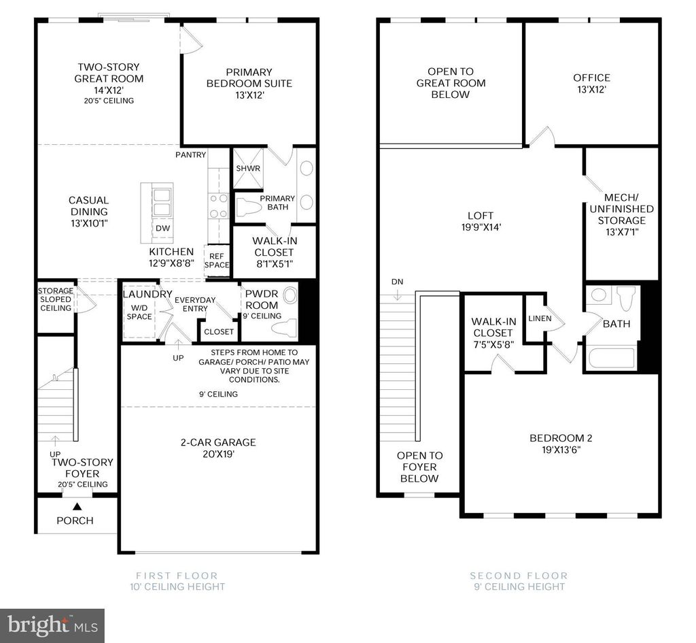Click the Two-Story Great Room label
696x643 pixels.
coord(109,78)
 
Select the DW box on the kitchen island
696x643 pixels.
coord(162,229)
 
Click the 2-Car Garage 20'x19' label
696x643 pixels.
coord(209,448)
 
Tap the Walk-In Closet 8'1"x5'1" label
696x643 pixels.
coord(274,252)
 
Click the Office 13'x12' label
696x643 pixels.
coord(591,83)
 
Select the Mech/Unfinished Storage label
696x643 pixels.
coord(621,209)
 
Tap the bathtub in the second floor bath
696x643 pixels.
coord(610,359)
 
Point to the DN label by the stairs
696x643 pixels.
coord(397,281)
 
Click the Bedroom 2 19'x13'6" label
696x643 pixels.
coord(565,443)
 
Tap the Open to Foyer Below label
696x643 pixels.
coord(419,467)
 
